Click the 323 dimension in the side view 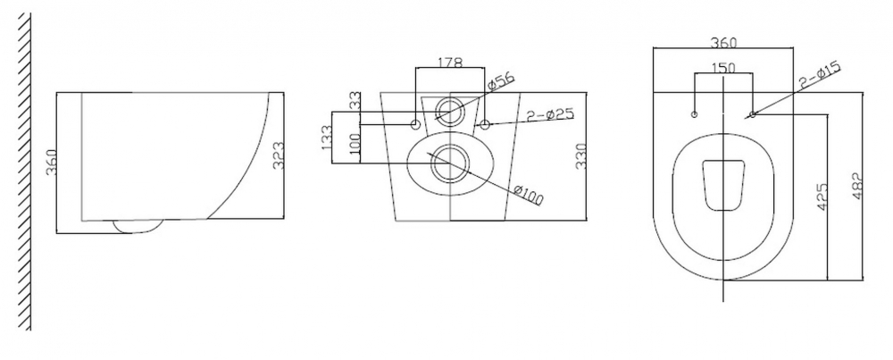pos(279,155)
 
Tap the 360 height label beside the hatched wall pos(51,163)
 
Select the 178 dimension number pos(450,63)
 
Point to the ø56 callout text pos(502,82)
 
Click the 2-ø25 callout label pos(550,114)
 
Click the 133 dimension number pos(328,138)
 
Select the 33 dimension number pos(355,103)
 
